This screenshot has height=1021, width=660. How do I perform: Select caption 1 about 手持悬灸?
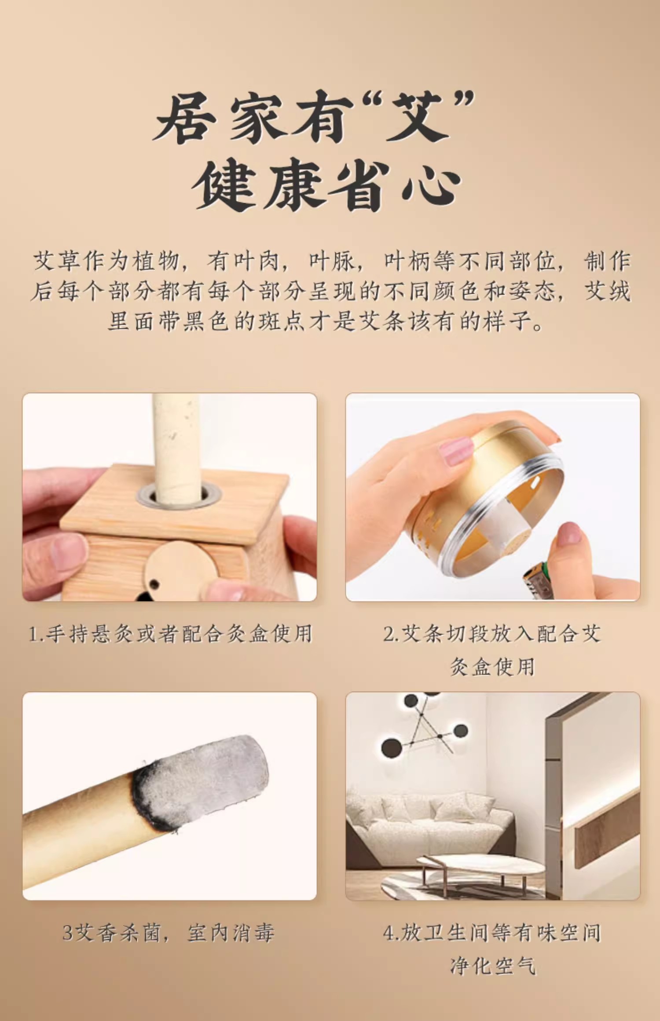(170, 634)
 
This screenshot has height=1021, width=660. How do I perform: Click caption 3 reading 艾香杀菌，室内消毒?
(169, 933)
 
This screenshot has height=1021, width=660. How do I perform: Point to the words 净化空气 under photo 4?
(493, 966)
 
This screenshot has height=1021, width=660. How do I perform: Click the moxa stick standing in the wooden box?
(176, 449)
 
